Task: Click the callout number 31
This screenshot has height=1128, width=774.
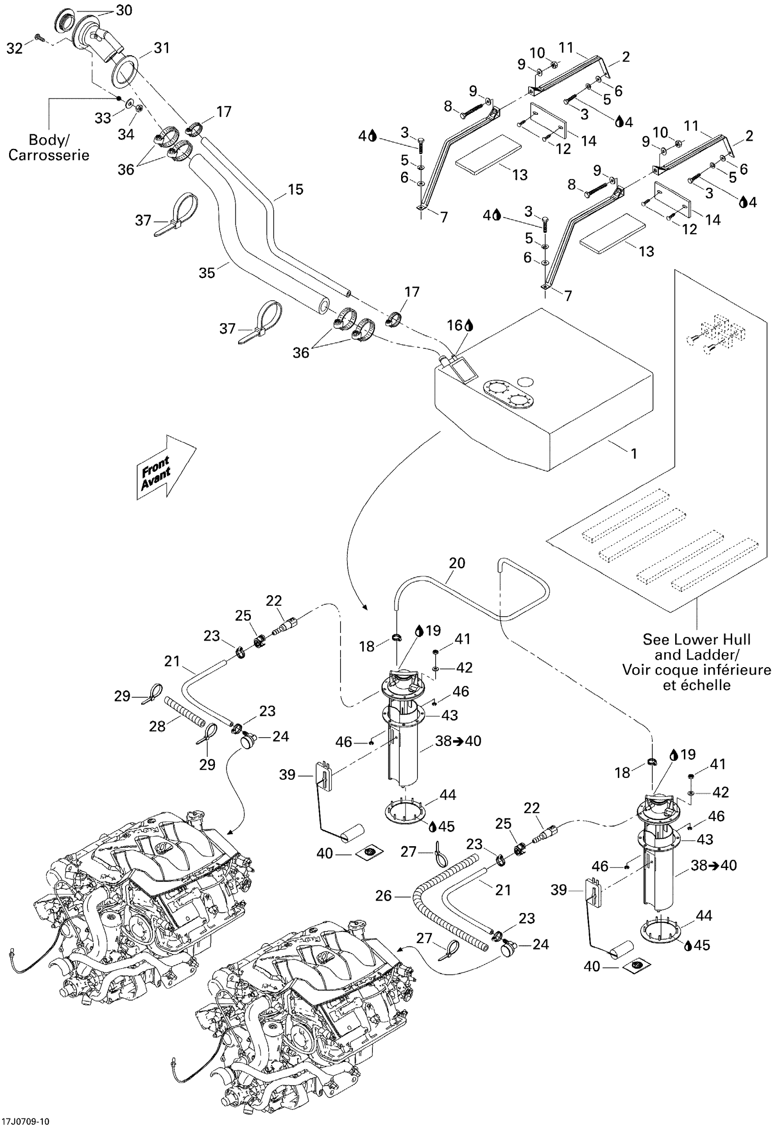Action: [x=162, y=48]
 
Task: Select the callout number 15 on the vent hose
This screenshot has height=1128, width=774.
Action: [x=295, y=189]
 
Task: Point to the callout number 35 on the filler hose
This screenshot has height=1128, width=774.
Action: [x=207, y=273]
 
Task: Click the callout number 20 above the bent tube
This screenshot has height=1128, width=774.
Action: [x=457, y=563]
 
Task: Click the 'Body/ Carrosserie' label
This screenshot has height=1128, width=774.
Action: [x=49, y=148]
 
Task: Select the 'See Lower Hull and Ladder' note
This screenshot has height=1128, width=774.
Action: [x=696, y=662]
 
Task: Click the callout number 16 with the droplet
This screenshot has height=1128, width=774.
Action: [x=455, y=325]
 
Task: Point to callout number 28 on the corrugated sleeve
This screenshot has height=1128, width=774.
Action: [x=157, y=727]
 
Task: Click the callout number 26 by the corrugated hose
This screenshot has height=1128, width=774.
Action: [x=383, y=895]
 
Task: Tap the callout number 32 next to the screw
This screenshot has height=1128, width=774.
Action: [x=15, y=49]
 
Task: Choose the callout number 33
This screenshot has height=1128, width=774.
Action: [x=103, y=118]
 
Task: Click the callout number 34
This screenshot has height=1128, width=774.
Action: [x=126, y=134]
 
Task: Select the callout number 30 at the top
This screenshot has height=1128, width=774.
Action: [x=124, y=10]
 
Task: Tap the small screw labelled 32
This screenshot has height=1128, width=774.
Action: [x=39, y=37]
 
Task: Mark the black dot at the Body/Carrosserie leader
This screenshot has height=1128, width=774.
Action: [x=118, y=98]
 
